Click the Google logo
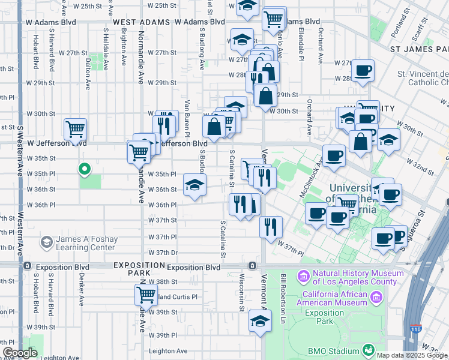tap(20, 353)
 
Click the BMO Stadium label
tap(334, 350)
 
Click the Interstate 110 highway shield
tap(417, 329)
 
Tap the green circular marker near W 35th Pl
tap(85, 169)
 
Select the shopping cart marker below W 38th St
tap(146, 295)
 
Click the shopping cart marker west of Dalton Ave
tap(75, 128)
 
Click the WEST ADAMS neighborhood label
tap(135, 22)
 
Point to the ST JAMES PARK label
tap(419, 48)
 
